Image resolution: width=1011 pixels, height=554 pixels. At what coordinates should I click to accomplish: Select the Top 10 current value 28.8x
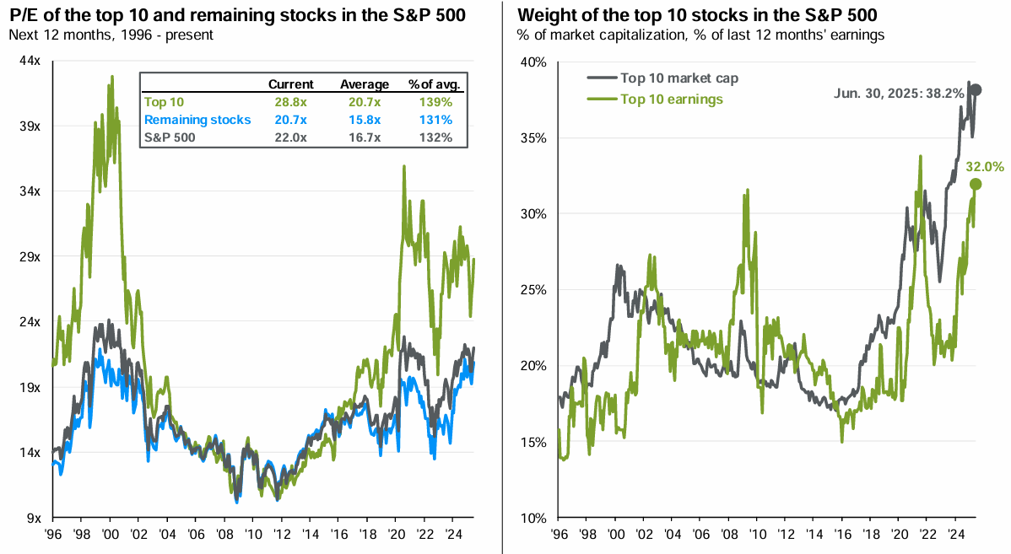[x=291, y=102]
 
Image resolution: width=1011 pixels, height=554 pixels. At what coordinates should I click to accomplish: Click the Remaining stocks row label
[x=197, y=120]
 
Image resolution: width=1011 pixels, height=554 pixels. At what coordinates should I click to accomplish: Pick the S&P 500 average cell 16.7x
[x=365, y=137]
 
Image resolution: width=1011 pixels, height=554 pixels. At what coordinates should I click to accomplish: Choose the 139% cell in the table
[x=435, y=102]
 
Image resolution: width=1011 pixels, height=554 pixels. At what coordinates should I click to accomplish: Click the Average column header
[x=365, y=84]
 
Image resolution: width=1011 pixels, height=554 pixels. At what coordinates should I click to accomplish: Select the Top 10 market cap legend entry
[x=679, y=78]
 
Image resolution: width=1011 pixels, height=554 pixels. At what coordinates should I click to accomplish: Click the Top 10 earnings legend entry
[x=672, y=99]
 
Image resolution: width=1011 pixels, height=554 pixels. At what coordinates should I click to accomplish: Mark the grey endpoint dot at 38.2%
[x=975, y=90]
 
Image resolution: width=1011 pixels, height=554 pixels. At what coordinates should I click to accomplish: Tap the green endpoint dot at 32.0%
[x=976, y=184]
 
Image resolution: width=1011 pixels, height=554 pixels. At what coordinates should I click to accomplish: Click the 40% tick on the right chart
[x=533, y=62]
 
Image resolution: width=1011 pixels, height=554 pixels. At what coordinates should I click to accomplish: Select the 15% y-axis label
[x=533, y=442]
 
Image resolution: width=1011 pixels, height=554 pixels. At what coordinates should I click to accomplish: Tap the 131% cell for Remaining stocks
[x=435, y=120]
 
